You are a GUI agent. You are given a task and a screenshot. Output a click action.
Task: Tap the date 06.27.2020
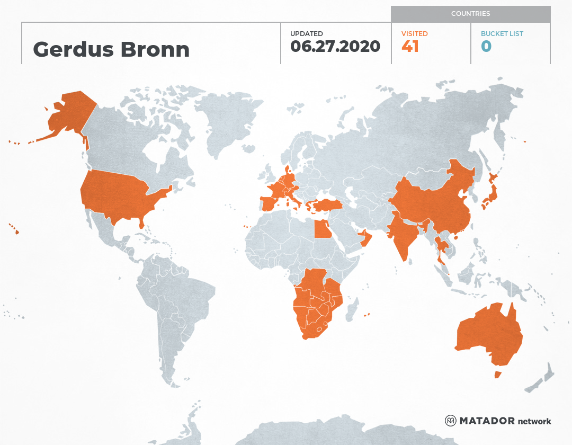point(335,47)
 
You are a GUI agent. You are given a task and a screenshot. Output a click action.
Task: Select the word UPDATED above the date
point(306,34)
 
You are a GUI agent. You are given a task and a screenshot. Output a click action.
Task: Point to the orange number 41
point(410,47)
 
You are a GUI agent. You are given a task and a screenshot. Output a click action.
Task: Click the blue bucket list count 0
point(486,47)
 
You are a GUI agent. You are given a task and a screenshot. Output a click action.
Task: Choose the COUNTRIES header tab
point(470,14)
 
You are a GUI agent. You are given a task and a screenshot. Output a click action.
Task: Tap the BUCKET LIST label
point(502,34)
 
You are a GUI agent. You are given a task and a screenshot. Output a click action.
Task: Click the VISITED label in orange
point(414,34)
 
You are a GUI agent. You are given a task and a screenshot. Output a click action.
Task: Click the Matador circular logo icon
point(450,421)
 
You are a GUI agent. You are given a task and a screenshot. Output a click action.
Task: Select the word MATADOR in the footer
point(487,421)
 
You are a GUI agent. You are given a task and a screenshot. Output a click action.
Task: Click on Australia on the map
point(487,334)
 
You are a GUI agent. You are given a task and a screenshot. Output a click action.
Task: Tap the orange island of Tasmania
point(497,375)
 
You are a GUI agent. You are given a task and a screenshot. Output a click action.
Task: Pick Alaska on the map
point(69,114)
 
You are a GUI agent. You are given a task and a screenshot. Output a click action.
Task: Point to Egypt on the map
point(320,229)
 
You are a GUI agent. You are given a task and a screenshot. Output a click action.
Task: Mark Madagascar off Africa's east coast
point(352,310)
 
